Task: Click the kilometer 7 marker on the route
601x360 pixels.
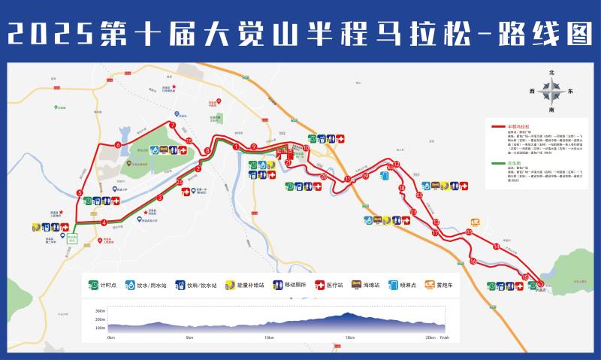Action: (172, 125)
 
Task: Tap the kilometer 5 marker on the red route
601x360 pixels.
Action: (80, 193)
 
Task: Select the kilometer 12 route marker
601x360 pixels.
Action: (397, 164)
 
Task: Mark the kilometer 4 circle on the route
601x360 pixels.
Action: (103, 222)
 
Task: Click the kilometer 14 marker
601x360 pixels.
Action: (496, 247)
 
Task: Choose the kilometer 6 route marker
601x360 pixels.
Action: (118, 144)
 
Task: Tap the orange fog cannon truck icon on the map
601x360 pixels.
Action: (475, 222)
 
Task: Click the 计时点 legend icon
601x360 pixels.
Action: (94, 286)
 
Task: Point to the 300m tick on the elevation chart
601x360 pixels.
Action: (100, 310)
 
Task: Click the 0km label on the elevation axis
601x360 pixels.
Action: (111, 337)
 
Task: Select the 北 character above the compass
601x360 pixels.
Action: (551, 72)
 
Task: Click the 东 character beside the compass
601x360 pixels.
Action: (571, 92)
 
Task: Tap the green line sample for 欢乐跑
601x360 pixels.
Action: (497, 162)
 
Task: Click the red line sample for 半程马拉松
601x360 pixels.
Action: (497, 126)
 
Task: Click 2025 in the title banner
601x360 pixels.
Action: (52, 33)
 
